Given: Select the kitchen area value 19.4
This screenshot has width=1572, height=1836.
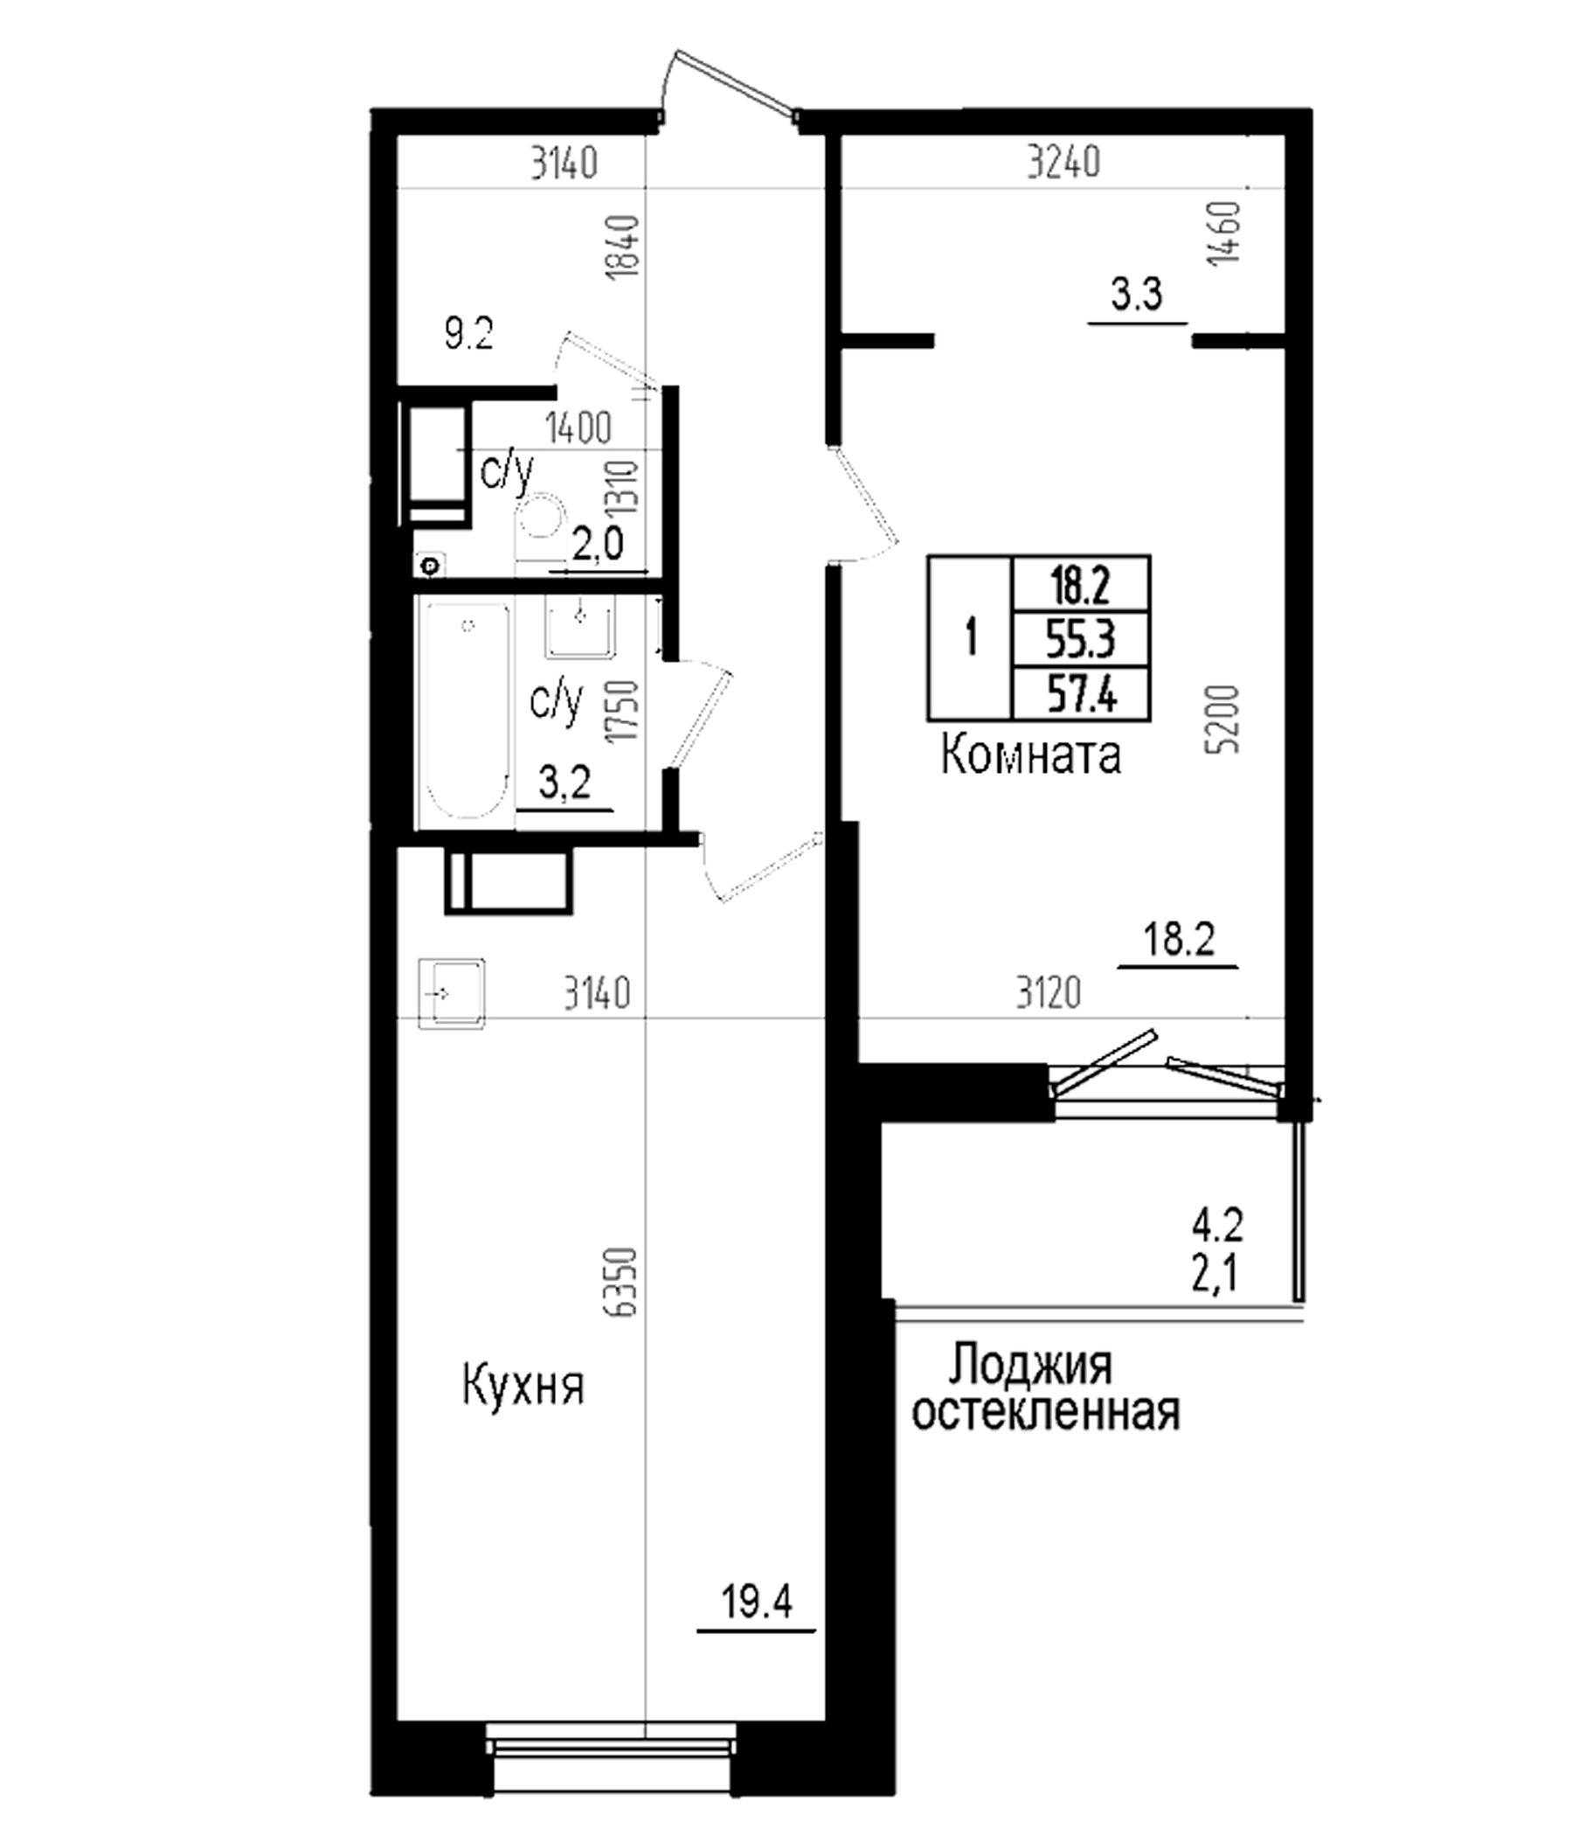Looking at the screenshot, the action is point(757,1602).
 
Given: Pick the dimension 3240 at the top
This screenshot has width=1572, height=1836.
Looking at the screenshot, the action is point(1063,163).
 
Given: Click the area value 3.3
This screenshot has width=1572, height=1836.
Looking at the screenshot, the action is point(1137,294).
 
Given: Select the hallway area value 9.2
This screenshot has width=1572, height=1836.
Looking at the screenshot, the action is point(468,335).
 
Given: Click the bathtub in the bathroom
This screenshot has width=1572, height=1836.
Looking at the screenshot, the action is point(467,710).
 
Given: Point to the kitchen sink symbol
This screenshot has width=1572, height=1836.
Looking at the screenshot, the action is point(452,994).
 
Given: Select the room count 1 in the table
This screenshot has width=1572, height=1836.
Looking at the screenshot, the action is point(972,638).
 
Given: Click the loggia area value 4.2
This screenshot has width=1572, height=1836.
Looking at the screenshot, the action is point(1218,1227).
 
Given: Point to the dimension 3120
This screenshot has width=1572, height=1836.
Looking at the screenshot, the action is point(1049,994).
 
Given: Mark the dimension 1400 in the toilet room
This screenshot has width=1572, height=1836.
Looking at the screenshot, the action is point(579,429).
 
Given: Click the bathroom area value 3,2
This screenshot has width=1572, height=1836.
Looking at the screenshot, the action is point(564,784).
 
